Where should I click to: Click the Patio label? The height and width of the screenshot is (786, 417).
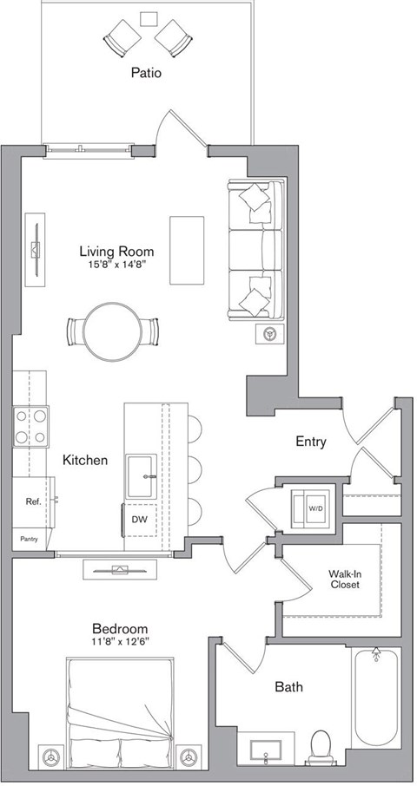click(x=147, y=75)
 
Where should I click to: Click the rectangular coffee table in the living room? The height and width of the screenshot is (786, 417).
click(x=185, y=249)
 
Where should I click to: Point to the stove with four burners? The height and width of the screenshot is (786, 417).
click(x=30, y=425)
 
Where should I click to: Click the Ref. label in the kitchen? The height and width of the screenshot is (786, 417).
click(x=33, y=501)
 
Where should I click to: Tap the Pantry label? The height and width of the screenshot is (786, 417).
click(x=29, y=540)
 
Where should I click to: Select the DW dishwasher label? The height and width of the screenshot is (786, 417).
click(x=140, y=520)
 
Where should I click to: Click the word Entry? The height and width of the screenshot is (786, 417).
click(x=310, y=442)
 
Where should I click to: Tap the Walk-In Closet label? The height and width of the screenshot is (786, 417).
click(x=344, y=579)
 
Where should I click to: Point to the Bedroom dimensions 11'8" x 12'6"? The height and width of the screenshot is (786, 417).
click(x=121, y=643)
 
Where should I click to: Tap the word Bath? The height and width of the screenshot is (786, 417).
click(x=288, y=688)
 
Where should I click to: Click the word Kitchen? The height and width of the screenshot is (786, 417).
click(x=85, y=460)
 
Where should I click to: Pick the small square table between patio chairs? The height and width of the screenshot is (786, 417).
click(x=149, y=18)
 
